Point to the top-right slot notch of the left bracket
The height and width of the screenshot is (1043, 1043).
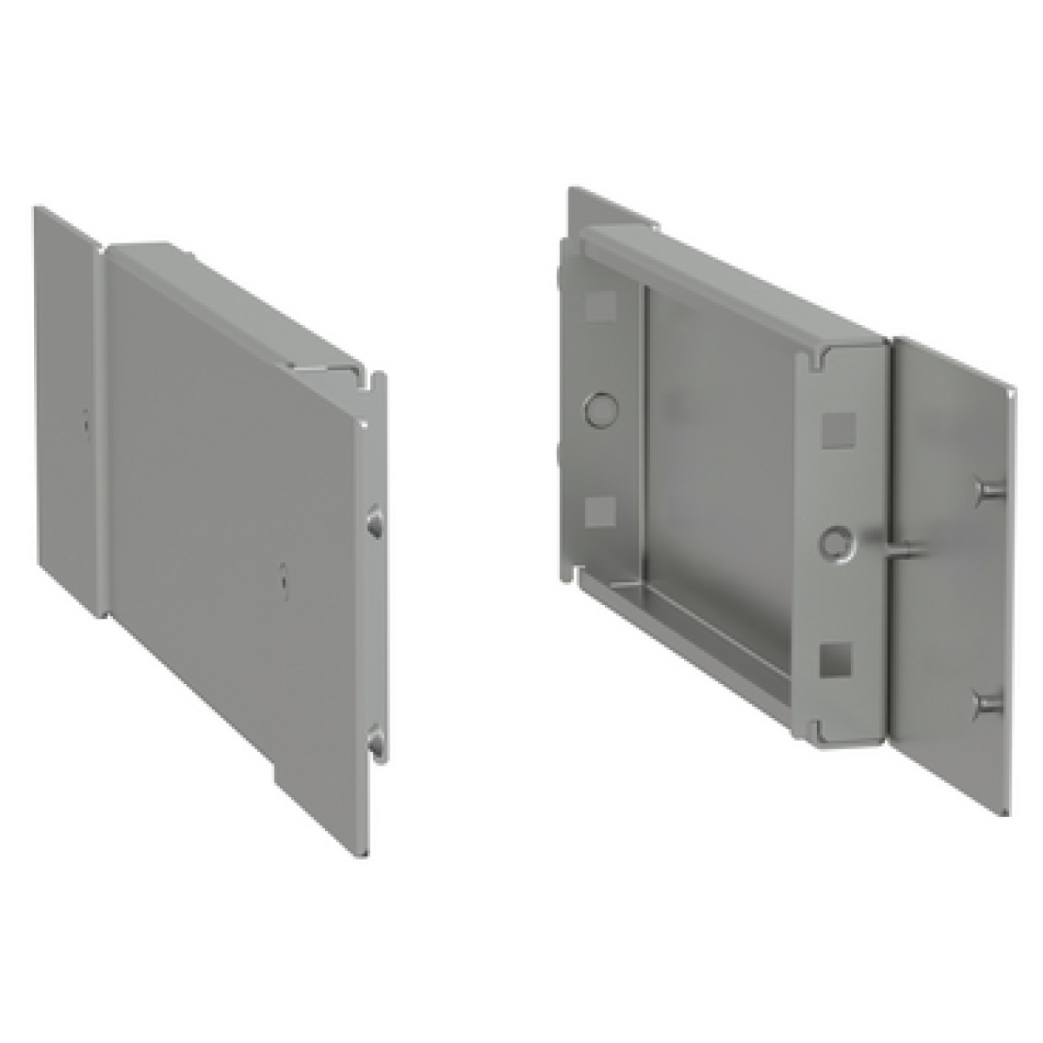[376, 380]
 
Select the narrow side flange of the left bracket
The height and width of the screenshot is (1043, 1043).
[66, 409]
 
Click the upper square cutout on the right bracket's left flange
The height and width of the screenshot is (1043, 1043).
[599, 305]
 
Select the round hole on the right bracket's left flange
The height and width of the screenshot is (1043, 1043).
[600, 406]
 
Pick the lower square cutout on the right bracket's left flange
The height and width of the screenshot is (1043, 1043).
[599, 514]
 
